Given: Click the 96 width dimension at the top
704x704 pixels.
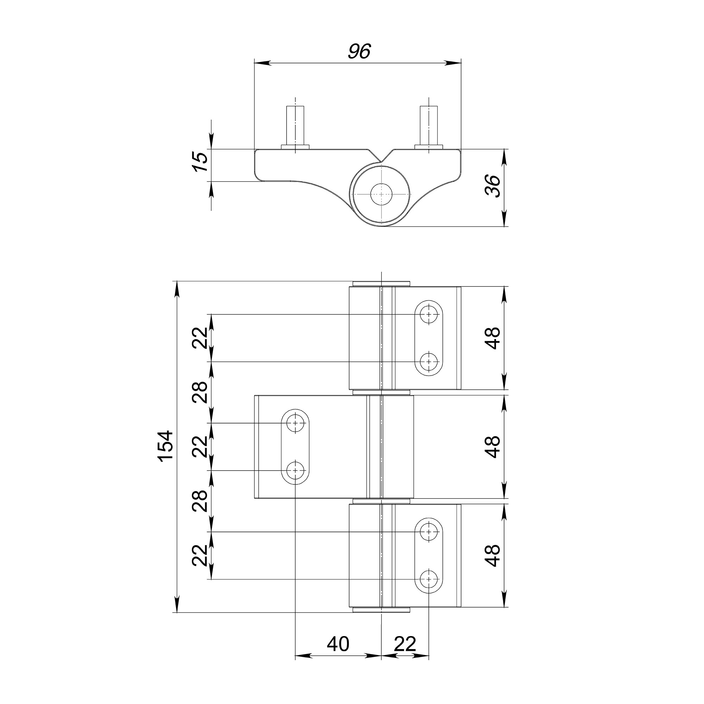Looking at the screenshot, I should (x=359, y=51).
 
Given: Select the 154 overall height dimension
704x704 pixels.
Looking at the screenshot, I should (x=165, y=446).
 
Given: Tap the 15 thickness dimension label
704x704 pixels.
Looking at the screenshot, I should (x=200, y=162).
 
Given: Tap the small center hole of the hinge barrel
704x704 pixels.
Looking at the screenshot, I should (x=381, y=194).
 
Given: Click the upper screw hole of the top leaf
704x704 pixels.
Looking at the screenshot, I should (x=429, y=314).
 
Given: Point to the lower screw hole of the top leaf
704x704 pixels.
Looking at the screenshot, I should (x=429, y=362).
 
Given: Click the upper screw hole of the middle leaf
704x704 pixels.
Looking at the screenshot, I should (x=296, y=423).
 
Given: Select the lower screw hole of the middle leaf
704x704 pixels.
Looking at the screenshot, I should (x=296, y=470).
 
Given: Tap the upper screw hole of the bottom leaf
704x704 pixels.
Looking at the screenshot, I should (x=429, y=532).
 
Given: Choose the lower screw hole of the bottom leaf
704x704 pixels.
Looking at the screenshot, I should (x=429, y=579).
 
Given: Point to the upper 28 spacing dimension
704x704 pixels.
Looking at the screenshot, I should (x=200, y=392).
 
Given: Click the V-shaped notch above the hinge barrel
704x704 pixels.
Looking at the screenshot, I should (x=381, y=157).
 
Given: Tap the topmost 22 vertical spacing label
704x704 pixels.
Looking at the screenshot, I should (x=200, y=338).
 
